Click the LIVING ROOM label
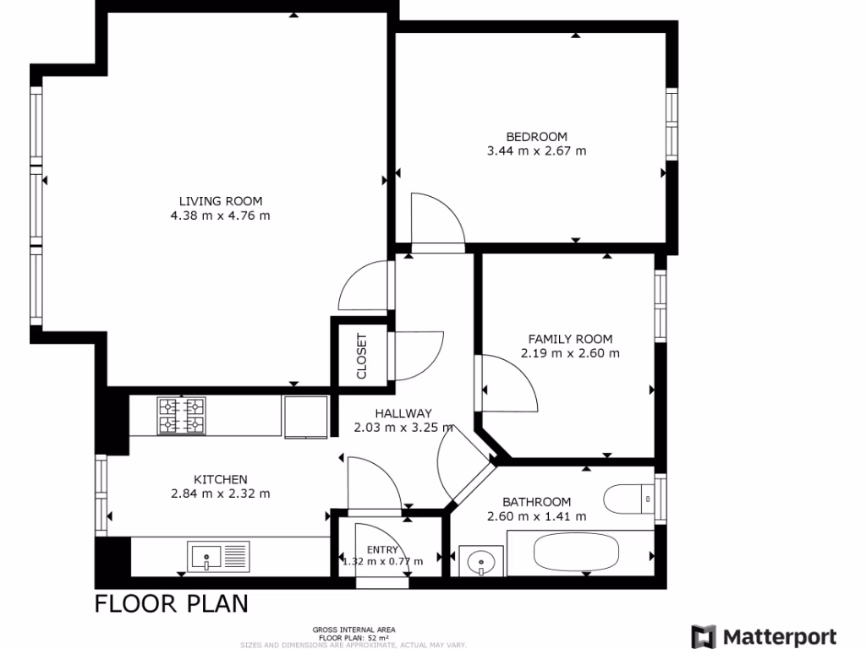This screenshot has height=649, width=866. coord(220,201)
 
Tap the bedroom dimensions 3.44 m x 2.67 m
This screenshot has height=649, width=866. coord(536,151)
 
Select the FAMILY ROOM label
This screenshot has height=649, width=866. coord(569,339)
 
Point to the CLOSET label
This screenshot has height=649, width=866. coord(362,356)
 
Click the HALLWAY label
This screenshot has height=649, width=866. coord(403,413)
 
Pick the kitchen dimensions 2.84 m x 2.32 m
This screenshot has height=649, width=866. coord(220,494)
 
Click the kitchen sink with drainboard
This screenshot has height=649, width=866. coord(220,556)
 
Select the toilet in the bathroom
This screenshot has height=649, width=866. coord(630,499)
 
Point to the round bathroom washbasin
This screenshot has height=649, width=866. coord(480,560)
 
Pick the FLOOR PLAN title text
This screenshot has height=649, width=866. coord(172,603)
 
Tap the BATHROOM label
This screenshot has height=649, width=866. coord(536,502)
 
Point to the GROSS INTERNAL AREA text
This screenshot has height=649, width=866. coord(354,630)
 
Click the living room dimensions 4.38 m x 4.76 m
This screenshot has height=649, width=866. coord(220,215)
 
